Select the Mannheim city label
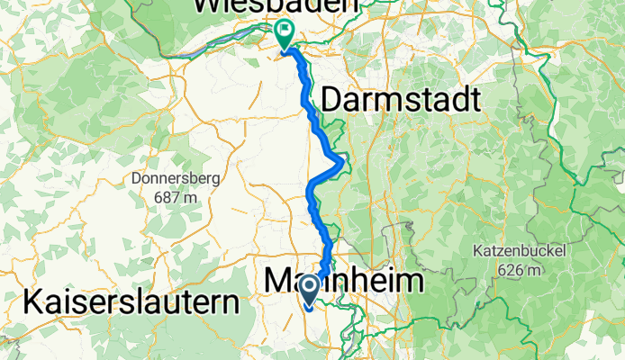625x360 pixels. pos(345,282)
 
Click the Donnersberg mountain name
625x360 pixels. pos(176,178)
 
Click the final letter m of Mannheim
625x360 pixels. pos(411,282)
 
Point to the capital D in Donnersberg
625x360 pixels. pos(137,178)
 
